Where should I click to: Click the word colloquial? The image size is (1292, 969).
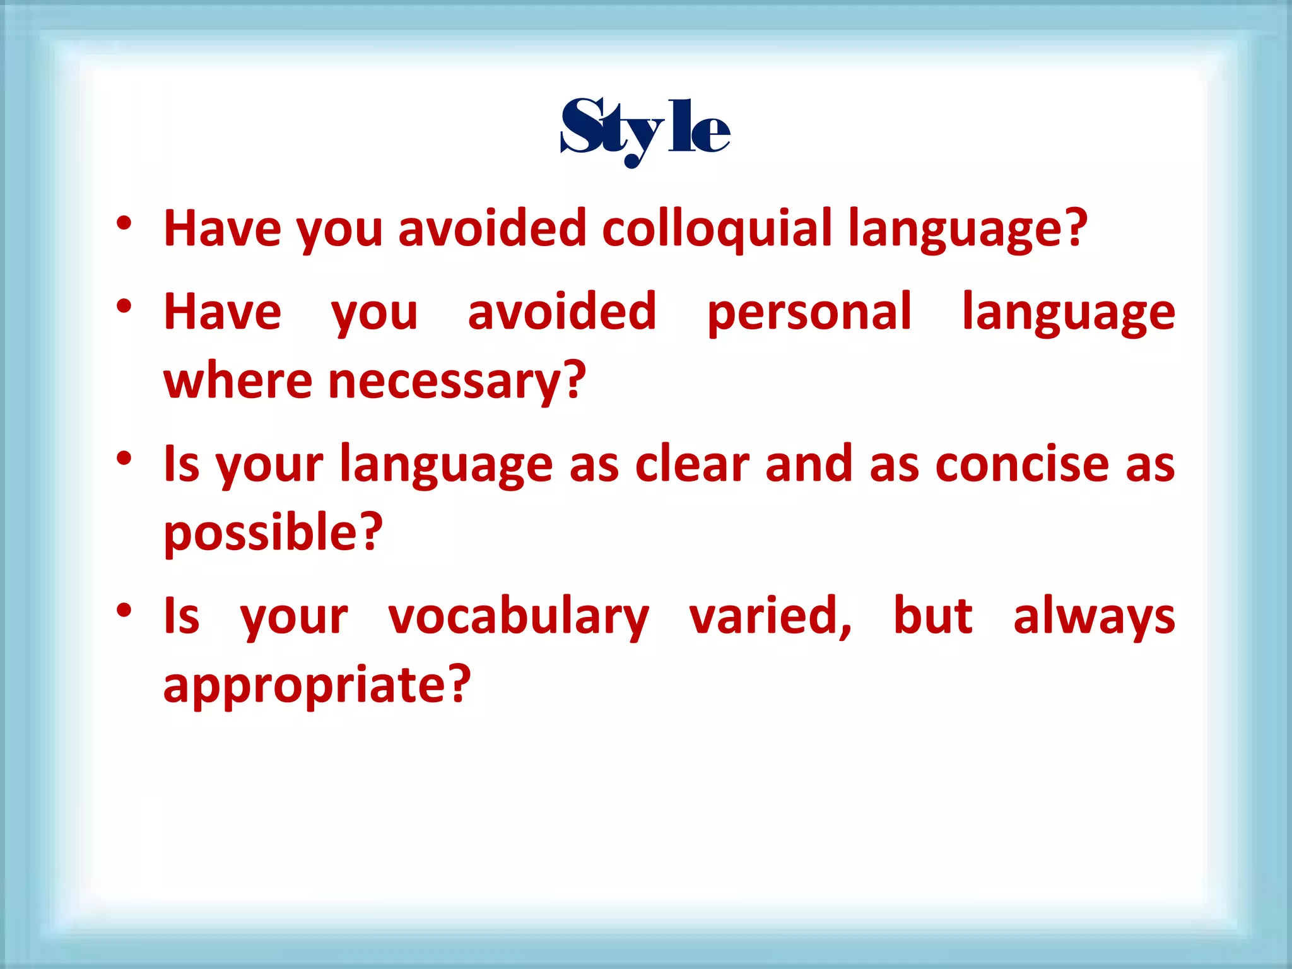coord(717,228)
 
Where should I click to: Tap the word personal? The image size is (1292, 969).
coord(809,312)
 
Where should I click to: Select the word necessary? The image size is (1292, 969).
coord(457,382)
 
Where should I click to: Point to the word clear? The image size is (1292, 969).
coord(692,464)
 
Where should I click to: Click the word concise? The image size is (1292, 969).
coord(1022,464)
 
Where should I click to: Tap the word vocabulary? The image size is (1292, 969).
coord(519,616)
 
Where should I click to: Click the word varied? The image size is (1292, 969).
coord(770,616)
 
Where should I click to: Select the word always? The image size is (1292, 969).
coord(1094,616)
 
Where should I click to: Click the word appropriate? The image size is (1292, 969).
coord(317,685)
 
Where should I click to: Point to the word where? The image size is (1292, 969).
coord(238,382)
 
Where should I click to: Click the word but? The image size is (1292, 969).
coord(932,616)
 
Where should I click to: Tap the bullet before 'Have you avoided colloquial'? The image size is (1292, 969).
coord(124,223)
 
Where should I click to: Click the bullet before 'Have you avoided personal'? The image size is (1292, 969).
coord(124,307)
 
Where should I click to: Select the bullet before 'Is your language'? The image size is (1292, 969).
coord(124,459)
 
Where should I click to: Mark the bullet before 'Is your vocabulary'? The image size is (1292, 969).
coord(124,611)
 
